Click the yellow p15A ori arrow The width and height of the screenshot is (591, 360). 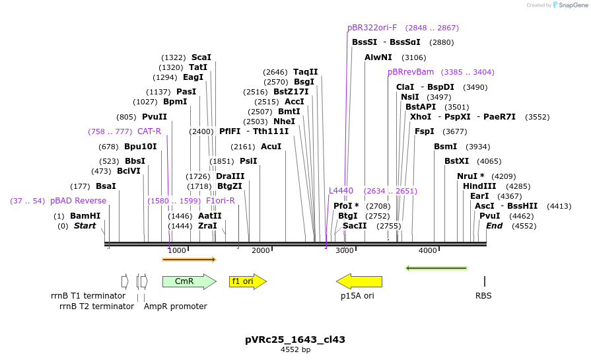(x=359, y=281)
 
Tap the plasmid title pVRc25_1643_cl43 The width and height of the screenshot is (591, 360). (x=295, y=340)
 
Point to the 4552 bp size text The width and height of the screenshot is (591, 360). (x=295, y=349)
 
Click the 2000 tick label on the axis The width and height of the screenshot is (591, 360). (x=261, y=250)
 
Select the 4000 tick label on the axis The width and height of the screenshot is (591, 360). (x=428, y=250)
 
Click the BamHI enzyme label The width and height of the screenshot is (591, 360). (x=85, y=216)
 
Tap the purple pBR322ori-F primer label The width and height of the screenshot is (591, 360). (x=372, y=28)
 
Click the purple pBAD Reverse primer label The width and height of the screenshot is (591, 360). (x=78, y=201)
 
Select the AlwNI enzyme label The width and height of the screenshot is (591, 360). (x=378, y=57)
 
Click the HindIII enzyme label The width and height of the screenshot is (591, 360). (x=479, y=186)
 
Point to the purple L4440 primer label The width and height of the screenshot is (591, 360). (x=341, y=191)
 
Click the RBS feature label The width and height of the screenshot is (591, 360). (x=483, y=296)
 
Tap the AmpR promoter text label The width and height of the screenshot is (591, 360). (x=176, y=306)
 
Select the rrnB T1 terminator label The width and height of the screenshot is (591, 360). (x=88, y=296)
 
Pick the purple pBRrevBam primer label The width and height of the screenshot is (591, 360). (x=411, y=72)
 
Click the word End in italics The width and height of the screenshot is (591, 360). (x=494, y=226)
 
